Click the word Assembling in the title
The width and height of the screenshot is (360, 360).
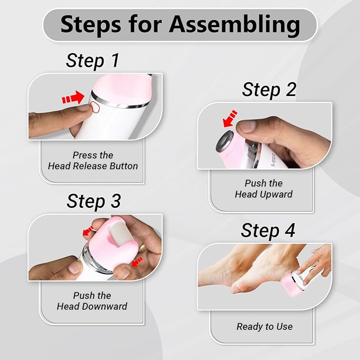pos(234,25)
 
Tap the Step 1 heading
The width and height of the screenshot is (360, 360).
pos(93,60)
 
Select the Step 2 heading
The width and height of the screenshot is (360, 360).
pos(269,90)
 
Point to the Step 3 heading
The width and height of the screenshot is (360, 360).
pos(94,201)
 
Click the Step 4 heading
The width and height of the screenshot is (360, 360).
pos(268,231)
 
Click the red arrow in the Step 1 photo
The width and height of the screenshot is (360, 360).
pos(73,98)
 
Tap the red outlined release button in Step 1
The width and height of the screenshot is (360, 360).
pos(94,107)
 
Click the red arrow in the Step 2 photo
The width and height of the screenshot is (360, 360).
pos(230,118)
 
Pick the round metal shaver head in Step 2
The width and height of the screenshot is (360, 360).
pos(225,141)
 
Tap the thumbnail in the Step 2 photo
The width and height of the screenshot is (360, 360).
pos(247,127)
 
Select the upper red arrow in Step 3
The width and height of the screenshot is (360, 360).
pos(87,231)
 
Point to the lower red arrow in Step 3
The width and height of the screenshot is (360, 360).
pos(137,262)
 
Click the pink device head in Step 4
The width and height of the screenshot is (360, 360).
pos(291,286)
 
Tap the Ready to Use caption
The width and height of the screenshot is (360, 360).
pos(265,327)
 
